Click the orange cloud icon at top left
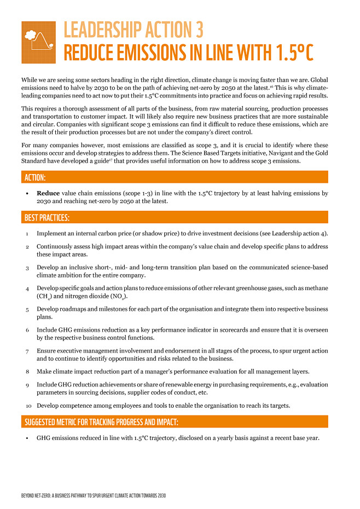pos(38,42)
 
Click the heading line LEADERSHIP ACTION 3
pos(133,29)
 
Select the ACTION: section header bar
pos(175,177)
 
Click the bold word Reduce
pos(48,193)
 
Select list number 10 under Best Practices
pos(28,406)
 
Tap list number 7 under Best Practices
pos(27,351)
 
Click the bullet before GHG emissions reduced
pos(27,438)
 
